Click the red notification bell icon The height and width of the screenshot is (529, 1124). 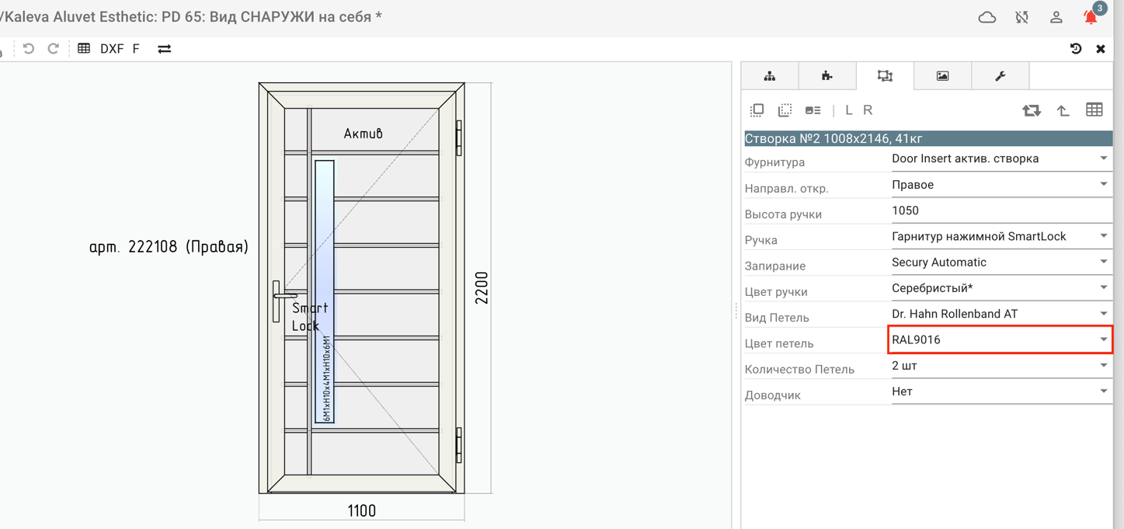1091,18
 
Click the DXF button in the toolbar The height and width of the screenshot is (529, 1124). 112,49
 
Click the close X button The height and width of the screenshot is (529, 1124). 1101,49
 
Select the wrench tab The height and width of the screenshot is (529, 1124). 1000,76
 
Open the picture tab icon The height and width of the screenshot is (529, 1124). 942,76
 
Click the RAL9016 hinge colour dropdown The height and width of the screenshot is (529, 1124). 1000,339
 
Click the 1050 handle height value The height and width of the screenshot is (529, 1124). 905,211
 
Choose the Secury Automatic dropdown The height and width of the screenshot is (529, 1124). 1000,262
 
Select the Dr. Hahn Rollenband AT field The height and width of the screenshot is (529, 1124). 1000,314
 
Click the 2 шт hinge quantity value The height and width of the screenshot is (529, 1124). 904,365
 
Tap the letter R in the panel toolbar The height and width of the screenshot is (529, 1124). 868,110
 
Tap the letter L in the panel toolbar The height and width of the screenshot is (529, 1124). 848,110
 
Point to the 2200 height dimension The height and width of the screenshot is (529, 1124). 481,287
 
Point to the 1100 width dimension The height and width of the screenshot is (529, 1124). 361,510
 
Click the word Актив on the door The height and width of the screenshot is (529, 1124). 363,133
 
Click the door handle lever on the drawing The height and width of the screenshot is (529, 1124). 285,296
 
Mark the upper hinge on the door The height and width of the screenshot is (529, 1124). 458,137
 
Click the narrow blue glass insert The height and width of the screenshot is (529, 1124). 324,291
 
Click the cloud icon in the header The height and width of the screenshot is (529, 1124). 987,18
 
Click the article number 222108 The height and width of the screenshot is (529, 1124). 152,246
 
